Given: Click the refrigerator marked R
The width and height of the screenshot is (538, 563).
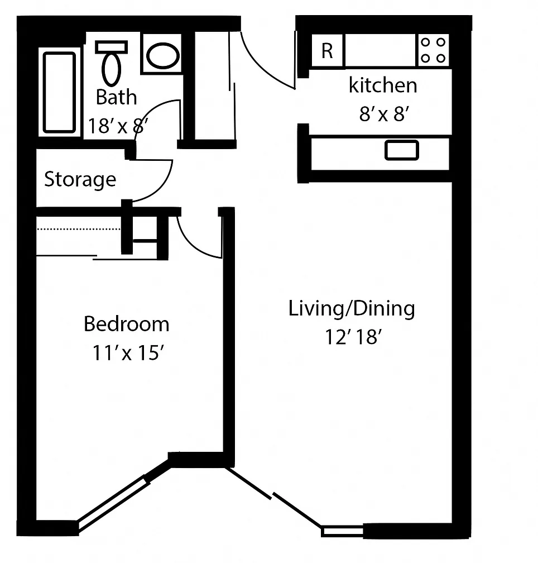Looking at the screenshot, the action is tap(326, 50).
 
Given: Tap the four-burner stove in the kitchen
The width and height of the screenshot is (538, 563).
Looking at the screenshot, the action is tap(433, 50).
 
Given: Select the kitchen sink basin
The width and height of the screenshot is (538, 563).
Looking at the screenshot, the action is tap(402, 150).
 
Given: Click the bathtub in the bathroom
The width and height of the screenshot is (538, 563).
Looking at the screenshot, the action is tap(59, 92).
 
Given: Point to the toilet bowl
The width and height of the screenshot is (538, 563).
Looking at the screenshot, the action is tap(111, 69).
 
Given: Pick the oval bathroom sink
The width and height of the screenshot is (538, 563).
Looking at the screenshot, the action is tap(162, 56).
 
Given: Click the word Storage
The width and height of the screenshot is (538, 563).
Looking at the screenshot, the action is tap(80, 179).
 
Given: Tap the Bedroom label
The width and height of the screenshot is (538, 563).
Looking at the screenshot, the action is tap(127, 324).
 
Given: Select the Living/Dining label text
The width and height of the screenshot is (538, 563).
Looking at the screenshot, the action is tap(352, 309).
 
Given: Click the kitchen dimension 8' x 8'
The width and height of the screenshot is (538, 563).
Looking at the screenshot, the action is tap(384, 114).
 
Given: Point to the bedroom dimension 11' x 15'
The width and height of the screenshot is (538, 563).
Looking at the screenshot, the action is tap(128, 352).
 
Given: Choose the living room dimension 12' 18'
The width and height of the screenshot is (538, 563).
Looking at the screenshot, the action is tap(353, 337).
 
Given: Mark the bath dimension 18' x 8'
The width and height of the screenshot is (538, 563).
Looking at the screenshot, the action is tap(118, 126).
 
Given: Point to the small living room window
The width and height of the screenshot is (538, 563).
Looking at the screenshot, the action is tap(342, 531).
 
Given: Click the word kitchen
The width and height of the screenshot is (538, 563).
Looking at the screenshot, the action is tap(383, 85).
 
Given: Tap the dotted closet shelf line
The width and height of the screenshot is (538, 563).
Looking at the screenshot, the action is tap(79, 229).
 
